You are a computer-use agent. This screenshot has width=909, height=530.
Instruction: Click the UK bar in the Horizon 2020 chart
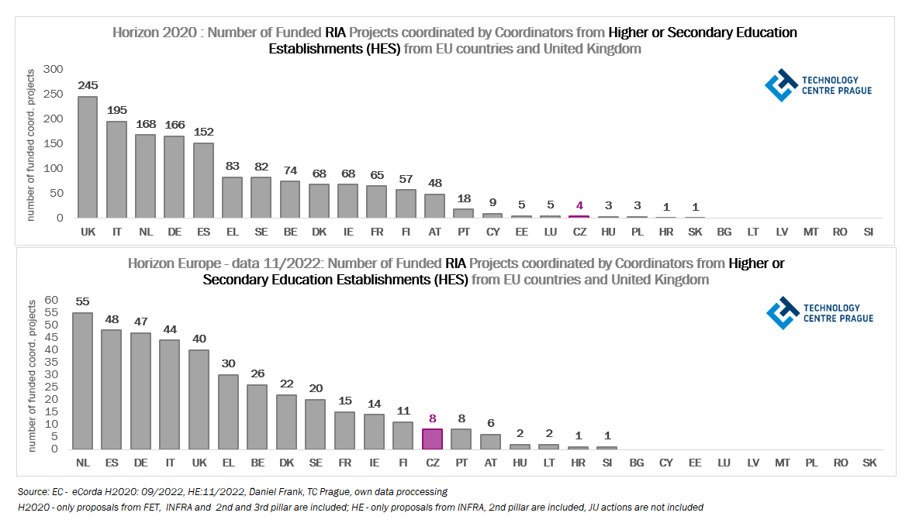click(x=88, y=157)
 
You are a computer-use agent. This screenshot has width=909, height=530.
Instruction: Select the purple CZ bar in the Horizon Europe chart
click(x=432, y=439)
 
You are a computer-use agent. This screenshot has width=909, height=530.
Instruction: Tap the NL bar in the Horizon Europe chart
click(x=82, y=380)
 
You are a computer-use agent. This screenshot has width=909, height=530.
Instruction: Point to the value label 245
click(x=88, y=85)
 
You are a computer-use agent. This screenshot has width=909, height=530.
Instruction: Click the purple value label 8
click(x=432, y=418)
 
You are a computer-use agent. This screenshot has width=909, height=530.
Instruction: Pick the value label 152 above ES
click(x=203, y=132)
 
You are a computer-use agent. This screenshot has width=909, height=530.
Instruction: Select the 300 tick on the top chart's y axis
click(x=53, y=69)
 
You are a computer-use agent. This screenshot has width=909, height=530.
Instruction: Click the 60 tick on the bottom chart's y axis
click(x=52, y=300)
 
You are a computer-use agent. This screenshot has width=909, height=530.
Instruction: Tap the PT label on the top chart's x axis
click(x=463, y=231)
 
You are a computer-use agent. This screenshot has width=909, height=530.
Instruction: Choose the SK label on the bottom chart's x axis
click(x=869, y=463)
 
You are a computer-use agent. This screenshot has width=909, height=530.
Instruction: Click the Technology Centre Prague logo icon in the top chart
click(x=780, y=85)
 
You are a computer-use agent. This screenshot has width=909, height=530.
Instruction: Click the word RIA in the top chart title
click(x=335, y=33)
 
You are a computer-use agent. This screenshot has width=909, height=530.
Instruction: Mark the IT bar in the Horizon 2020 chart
click(x=116, y=170)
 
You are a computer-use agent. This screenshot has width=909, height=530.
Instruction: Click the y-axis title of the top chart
click(x=31, y=145)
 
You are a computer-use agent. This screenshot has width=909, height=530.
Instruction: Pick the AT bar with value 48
click(x=434, y=206)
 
